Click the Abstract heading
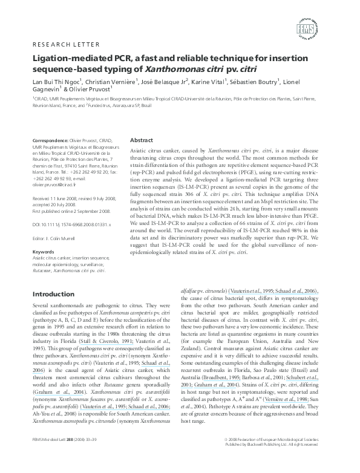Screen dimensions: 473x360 tap(141, 139)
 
